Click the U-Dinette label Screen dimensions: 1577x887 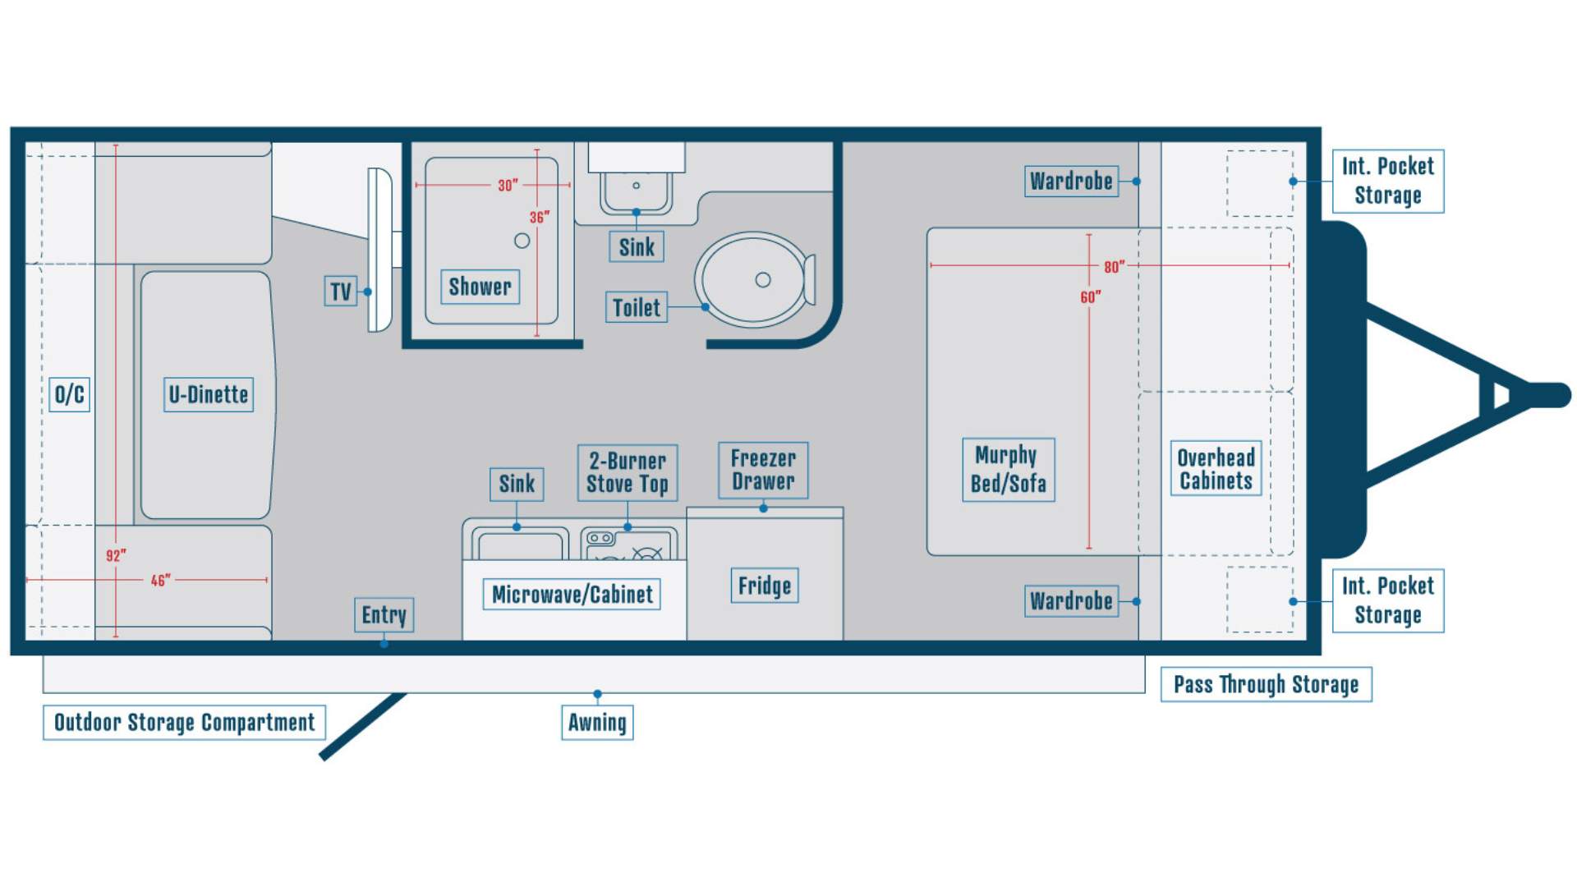[209, 395]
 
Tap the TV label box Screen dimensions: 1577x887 [341, 292]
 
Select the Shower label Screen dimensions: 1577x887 [480, 287]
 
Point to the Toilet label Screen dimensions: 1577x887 [637, 307]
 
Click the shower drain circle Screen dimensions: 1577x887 [522, 241]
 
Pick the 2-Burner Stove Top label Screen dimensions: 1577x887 [628, 473]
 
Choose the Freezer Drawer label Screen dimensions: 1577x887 [763, 470]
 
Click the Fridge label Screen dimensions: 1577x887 [765, 586]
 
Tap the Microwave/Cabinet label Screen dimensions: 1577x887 [572, 595]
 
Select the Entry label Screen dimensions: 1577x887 [384, 615]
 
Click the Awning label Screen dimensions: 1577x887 [597, 723]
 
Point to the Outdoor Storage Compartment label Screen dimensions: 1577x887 [184, 723]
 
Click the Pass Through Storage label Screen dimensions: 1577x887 [1266, 684]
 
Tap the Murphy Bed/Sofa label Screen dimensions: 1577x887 [1009, 470]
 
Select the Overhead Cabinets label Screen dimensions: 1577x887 [1216, 469]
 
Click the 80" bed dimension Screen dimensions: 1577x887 [1114, 266]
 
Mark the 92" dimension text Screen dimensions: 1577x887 [116, 556]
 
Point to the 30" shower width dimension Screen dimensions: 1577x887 [508, 186]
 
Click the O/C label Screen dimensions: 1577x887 [70, 395]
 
